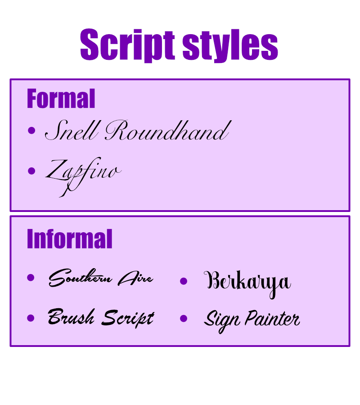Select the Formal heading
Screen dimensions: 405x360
(x=61, y=99)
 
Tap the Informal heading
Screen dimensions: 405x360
(x=69, y=238)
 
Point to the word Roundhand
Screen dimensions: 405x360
(x=166, y=131)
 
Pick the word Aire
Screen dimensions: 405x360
(x=135, y=279)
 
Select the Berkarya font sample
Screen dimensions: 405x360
(x=247, y=282)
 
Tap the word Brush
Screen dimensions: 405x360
(x=71, y=318)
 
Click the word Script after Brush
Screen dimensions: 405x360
(x=128, y=318)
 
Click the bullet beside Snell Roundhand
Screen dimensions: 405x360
(x=31, y=131)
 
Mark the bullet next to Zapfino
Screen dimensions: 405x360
(x=31, y=171)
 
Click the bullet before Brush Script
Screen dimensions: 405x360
(x=31, y=318)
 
